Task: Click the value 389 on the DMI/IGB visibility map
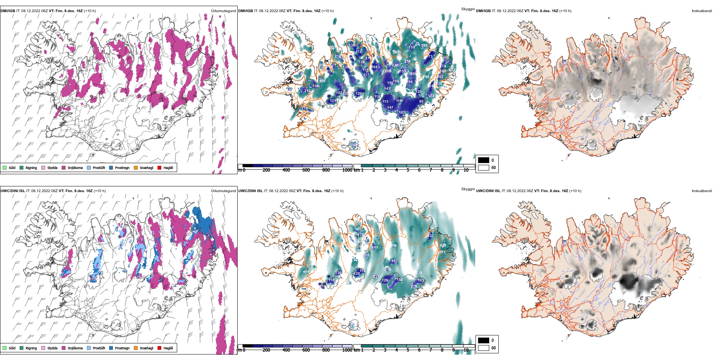pos(424,45)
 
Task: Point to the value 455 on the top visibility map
pos(322,81)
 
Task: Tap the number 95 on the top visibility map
pos(421,102)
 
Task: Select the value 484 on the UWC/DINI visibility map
pos(306,272)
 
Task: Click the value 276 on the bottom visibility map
pos(414,286)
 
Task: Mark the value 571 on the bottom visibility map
pos(443,252)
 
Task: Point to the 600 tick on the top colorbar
pos(306,170)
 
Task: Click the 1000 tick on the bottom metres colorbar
pos(347,350)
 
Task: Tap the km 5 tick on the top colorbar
pos(408,170)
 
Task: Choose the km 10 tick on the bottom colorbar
pos(466,350)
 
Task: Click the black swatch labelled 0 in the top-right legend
pos(484,160)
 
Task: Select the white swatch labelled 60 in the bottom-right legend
pos(484,348)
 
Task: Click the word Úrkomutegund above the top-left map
pos(223,11)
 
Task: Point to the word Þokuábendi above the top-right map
pos(702,11)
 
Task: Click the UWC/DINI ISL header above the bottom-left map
pos(13,191)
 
